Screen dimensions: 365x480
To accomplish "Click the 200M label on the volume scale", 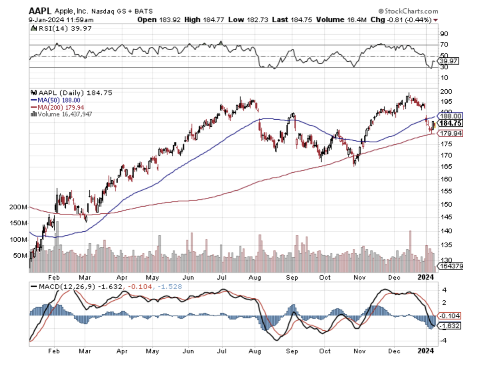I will point(18,207).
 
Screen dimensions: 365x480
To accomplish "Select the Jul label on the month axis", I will point(223,277).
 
